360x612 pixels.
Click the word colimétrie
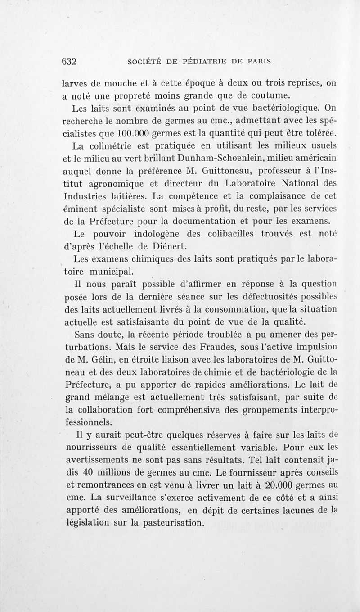coord(113,146)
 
